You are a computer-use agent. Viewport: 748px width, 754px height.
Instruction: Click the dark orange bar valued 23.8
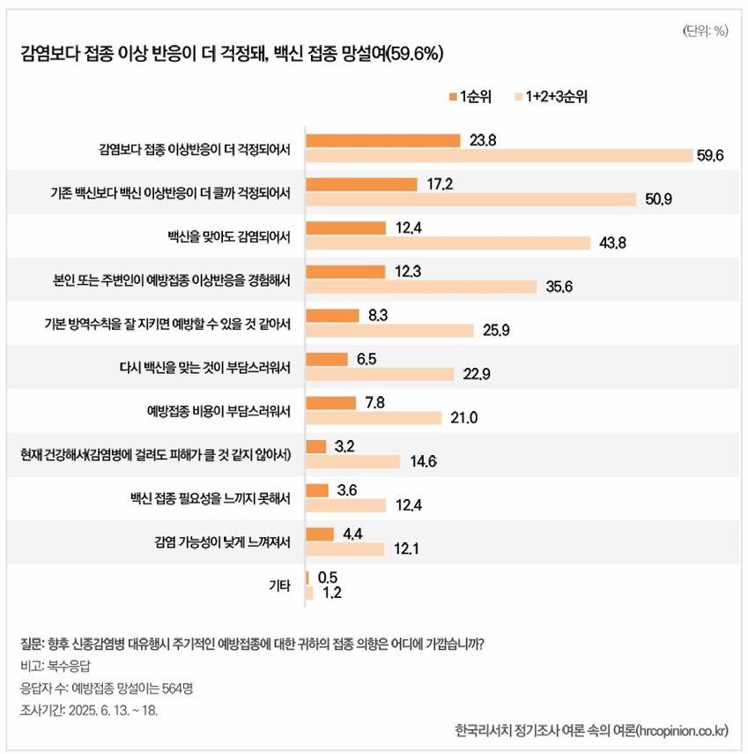382,140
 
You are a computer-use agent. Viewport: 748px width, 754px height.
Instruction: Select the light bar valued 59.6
499,155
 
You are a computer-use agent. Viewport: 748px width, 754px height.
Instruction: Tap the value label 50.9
658,199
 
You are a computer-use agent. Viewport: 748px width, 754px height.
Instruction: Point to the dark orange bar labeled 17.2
360,184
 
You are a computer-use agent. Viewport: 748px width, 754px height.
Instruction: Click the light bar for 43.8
447,243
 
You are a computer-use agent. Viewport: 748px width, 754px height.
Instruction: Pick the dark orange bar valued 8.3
332,315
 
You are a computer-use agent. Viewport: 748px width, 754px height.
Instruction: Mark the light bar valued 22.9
379,374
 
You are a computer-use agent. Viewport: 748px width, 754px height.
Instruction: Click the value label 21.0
463,418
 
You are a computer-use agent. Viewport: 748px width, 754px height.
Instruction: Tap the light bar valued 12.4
345,505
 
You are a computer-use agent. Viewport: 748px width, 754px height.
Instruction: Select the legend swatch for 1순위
452,97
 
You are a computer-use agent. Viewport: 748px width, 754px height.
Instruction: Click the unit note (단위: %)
705,31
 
